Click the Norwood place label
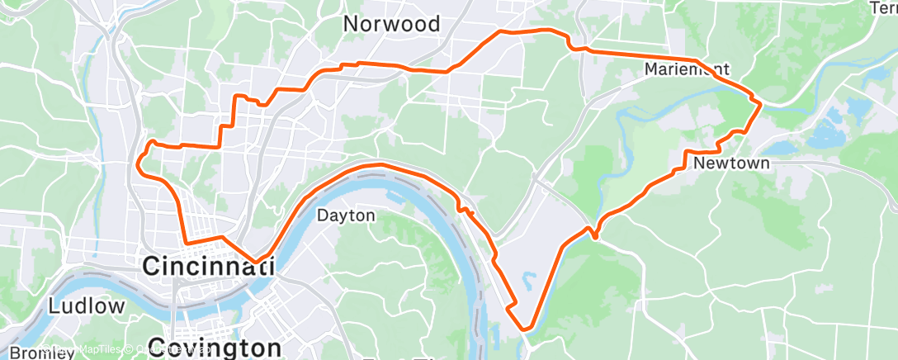[x=391, y=23]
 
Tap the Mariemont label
[x=687, y=69]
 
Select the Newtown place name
[x=731, y=163]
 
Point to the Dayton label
[x=347, y=216]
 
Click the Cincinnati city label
[x=208, y=266]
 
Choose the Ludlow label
[x=87, y=306]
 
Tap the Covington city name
[x=215, y=346]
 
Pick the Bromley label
[x=25, y=353]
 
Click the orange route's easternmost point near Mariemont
[x=759, y=101]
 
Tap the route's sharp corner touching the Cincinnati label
[x=257, y=263]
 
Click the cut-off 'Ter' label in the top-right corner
[x=884, y=7]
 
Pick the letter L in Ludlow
[x=54, y=306]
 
